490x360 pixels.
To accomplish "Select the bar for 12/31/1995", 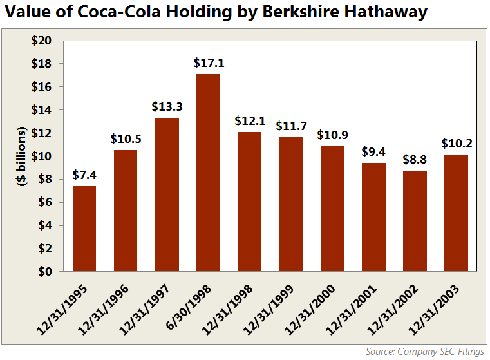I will (x=84, y=229).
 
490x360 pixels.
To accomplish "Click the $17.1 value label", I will (x=208, y=64).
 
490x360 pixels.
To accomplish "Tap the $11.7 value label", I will (x=290, y=126).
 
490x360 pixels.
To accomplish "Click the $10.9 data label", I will (x=332, y=135).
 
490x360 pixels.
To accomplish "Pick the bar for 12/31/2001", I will (x=373, y=217).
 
